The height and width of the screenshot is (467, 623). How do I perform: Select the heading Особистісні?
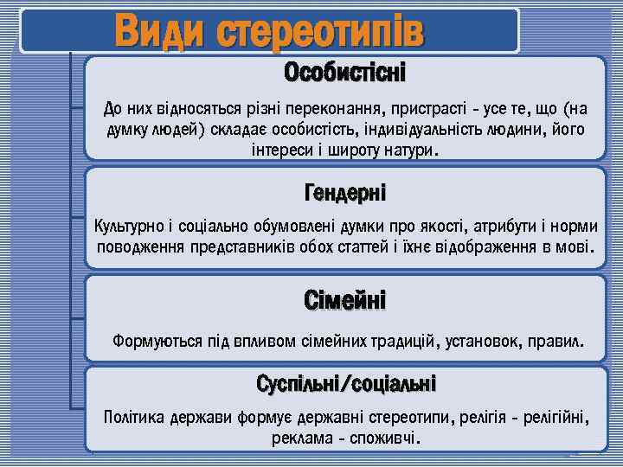click(x=345, y=73)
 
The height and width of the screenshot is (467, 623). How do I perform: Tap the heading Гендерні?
click(x=345, y=190)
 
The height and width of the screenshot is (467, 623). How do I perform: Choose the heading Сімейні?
click(x=345, y=300)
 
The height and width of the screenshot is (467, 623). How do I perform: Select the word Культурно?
click(x=128, y=227)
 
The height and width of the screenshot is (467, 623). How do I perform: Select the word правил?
click(x=560, y=342)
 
